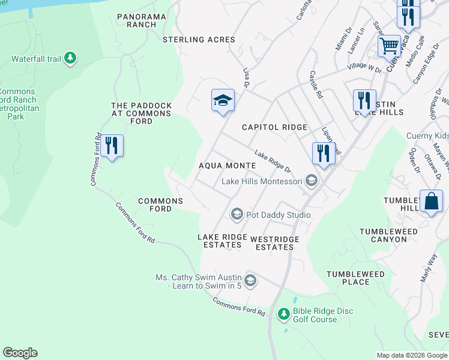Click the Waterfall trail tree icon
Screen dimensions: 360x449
click(x=71, y=58)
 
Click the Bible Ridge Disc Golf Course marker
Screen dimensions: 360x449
click(x=284, y=314)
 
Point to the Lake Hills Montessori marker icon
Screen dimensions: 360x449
click(x=311, y=181)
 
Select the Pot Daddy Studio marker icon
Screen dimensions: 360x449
click(x=237, y=214)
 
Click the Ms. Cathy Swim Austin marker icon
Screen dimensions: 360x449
click(x=250, y=280)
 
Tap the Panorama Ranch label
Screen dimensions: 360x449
click(x=145, y=20)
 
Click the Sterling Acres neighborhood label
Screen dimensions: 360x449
click(x=199, y=40)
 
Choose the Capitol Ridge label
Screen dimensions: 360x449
click(x=274, y=127)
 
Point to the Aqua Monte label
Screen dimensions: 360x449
click(x=227, y=165)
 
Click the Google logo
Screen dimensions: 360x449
click(x=20, y=353)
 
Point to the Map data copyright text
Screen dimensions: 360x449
click(x=412, y=355)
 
